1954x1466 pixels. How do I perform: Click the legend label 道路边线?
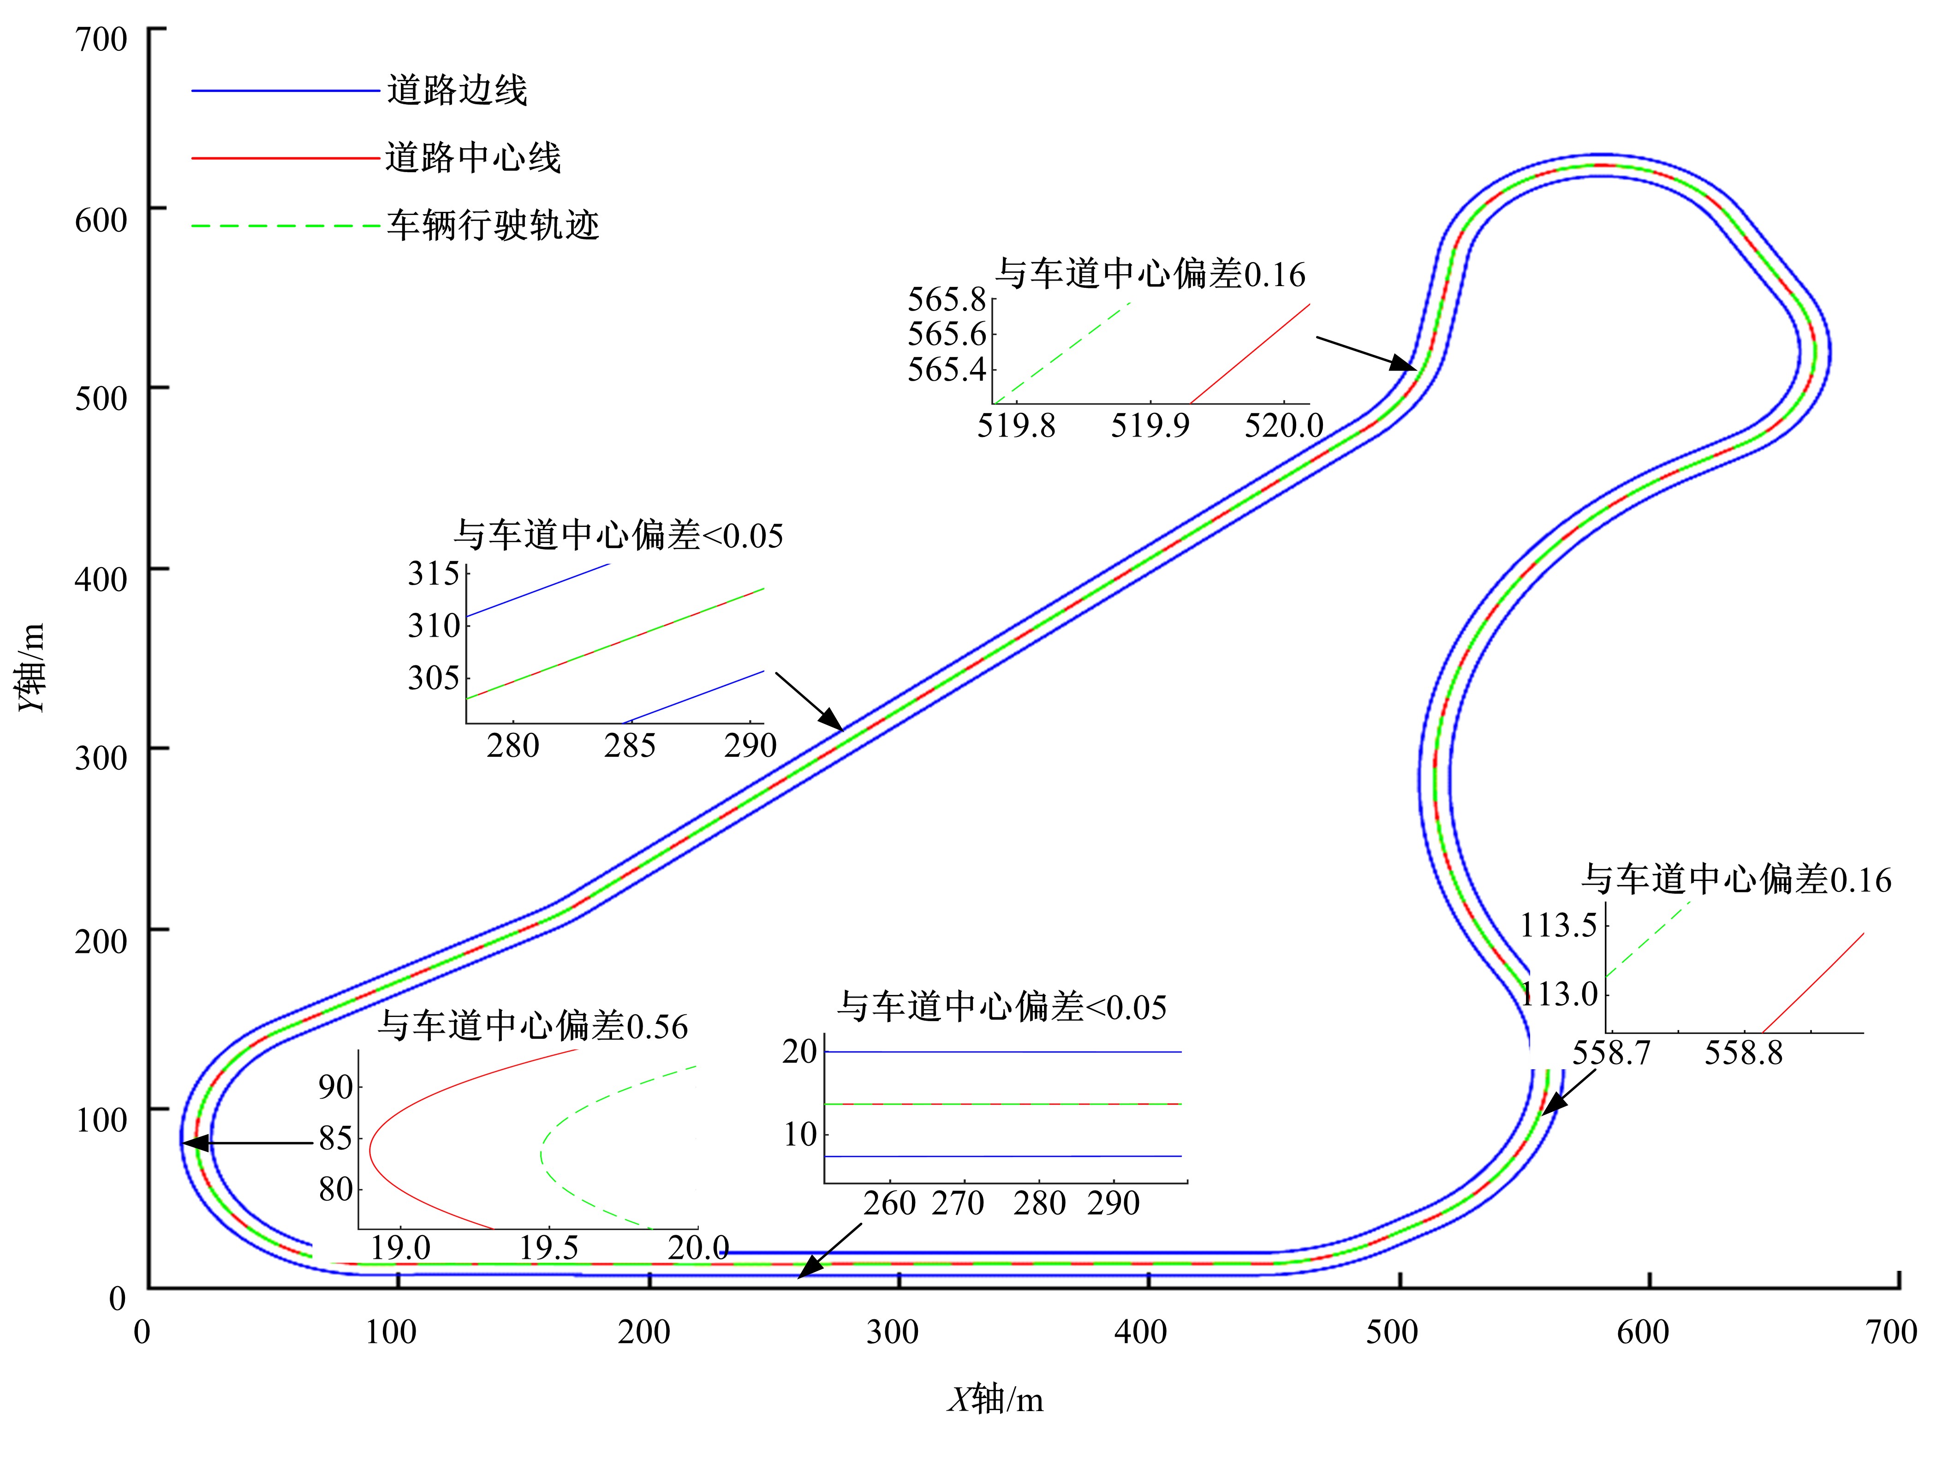tap(457, 90)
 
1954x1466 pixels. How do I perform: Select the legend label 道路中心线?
tap(473, 158)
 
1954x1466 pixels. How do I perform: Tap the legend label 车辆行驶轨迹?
tap(493, 225)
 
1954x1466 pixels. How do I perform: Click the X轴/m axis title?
tap(995, 1400)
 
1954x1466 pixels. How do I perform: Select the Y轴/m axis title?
tap(32, 667)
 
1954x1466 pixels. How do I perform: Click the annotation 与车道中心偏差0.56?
tap(533, 1026)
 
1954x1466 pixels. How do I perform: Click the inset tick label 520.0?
tap(1284, 426)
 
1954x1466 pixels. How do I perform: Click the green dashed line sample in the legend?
tap(286, 226)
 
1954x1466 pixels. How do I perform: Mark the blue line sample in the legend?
tap(286, 90)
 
